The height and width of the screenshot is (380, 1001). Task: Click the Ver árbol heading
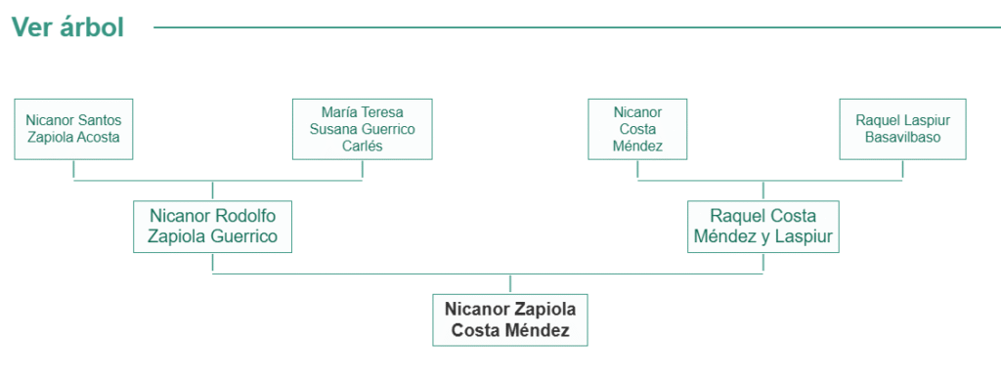pyautogui.click(x=67, y=27)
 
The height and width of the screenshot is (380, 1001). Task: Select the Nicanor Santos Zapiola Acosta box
pyautogui.click(x=73, y=128)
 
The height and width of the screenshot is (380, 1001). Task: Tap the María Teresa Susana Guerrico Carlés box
pyautogui.click(x=362, y=128)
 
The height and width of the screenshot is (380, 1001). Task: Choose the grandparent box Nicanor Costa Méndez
pyautogui.click(x=637, y=128)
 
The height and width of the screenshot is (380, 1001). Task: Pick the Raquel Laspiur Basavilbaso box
pyautogui.click(x=902, y=128)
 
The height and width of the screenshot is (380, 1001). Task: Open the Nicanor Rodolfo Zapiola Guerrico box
pyautogui.click(x=212, y=226)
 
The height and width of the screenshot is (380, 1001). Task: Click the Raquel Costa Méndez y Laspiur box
pyautogui.click(x=762, y=226)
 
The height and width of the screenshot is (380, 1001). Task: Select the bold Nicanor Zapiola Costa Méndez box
pyautogui.click(x=510, y=319)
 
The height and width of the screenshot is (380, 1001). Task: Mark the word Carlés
pyautogui.click(x=362, y=146)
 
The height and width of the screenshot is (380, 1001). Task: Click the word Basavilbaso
pyautogui.click(x=902, y=137)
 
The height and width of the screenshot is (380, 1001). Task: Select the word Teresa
pyautogui.click(x=381, y=111)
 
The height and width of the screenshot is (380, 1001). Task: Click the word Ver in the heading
pyautogui.click(x=29, y=27)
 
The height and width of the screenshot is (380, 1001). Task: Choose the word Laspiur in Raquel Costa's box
pyautogui.click(x=803, y=236)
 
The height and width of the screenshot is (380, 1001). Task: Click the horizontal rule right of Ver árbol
pyautogui.click(x=567, y=27)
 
